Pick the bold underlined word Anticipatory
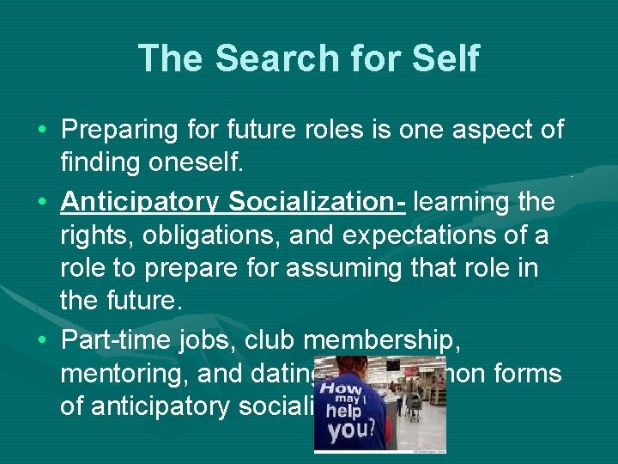pyautogui.click(x=141, y=202)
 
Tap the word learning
pyautogui.click(x=466, y=202)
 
